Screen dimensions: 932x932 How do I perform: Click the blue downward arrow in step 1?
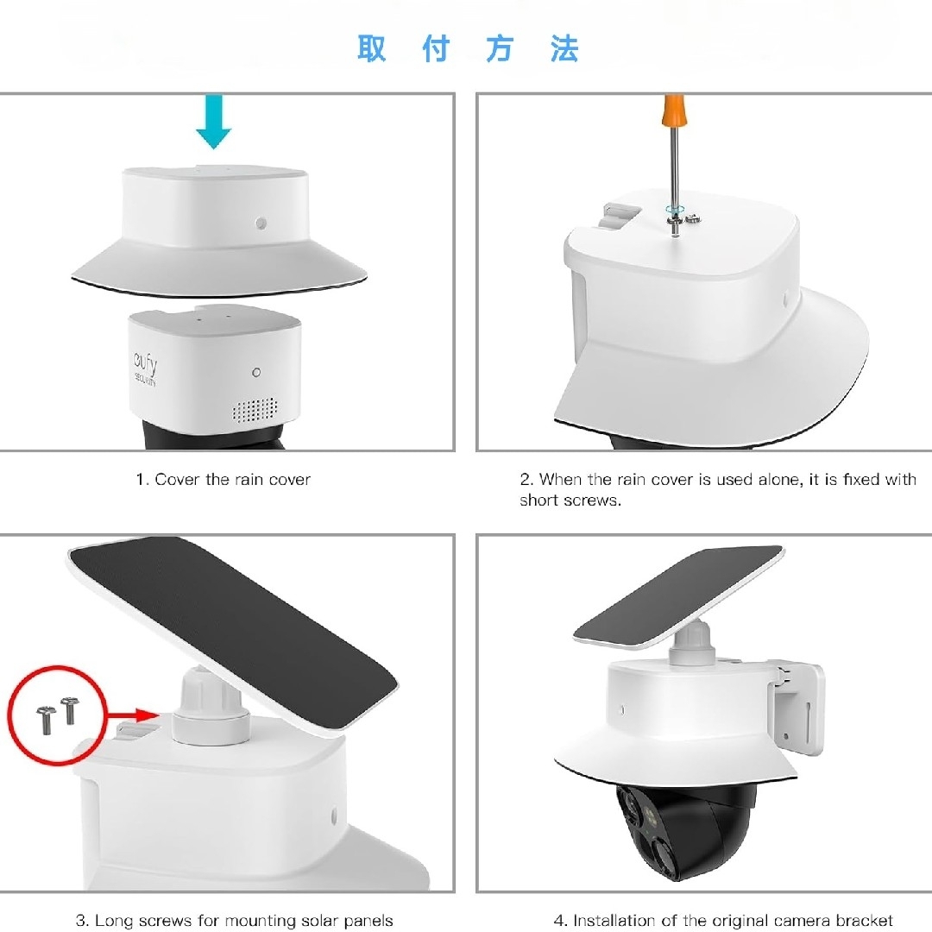(213, 123)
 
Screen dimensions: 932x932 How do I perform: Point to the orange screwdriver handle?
(673, 116)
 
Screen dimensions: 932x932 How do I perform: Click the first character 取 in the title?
(372, 49)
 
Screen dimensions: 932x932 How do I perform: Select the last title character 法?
(564, 49)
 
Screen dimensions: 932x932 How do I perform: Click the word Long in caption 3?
(113, 921)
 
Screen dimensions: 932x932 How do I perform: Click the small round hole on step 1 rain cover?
(261, 224)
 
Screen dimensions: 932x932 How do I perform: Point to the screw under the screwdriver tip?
(675, 219)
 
